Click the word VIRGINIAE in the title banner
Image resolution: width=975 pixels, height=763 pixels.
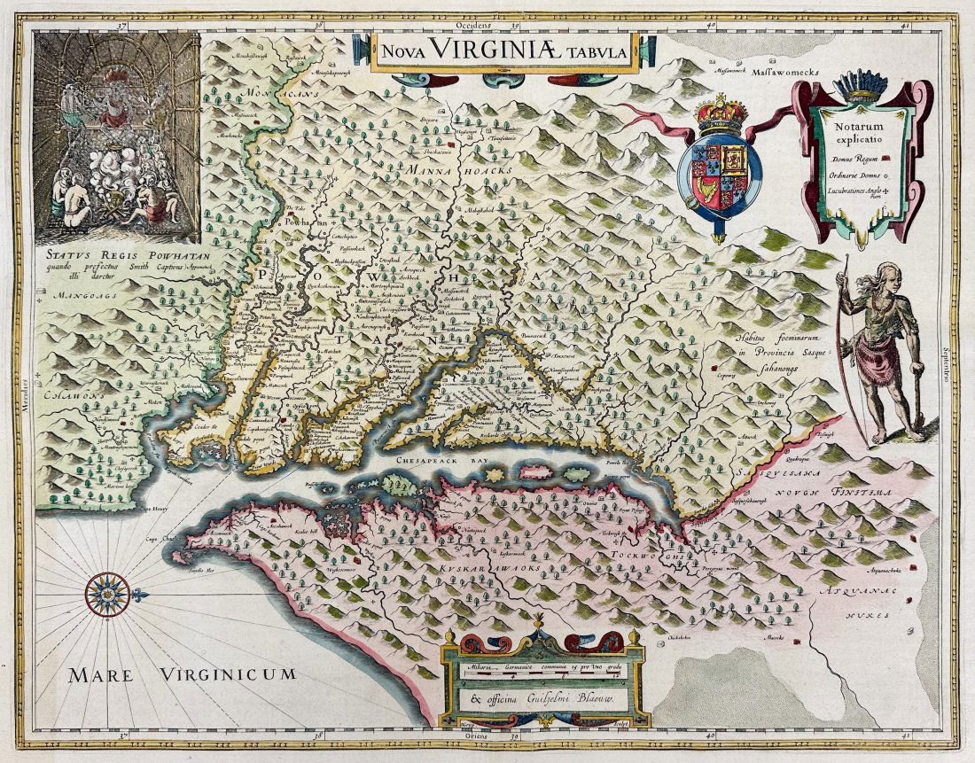501,51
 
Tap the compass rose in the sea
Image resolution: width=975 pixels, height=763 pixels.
107,594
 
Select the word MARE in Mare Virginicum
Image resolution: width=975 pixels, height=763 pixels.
103,676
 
